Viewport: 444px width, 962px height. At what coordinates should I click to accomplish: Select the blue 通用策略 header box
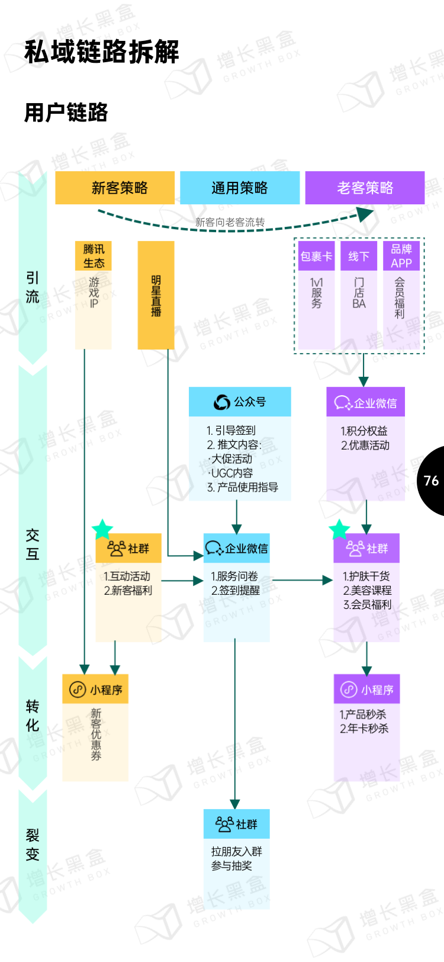pos(240,188)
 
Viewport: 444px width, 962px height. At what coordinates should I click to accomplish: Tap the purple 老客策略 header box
pos(365,188)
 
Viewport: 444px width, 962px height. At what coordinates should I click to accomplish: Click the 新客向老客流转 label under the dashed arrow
pos(230,222)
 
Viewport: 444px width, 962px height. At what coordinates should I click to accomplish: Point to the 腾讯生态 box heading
pos(94,256)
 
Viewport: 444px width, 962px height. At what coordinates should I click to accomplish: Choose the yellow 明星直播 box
pos(156,295)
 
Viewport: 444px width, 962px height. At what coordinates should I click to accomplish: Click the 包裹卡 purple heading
pos(316,256)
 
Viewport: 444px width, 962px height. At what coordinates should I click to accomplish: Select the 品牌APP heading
pos(401,256)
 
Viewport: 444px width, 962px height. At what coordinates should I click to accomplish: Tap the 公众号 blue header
pos(240,402)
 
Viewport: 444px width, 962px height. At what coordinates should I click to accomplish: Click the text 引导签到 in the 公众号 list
pos(235,431)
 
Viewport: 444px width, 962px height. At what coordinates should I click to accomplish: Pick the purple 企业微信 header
pos(366,403)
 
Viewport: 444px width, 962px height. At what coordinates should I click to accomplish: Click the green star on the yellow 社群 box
pos(102,530)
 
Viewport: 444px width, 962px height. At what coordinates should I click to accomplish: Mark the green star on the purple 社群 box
pos(340,529)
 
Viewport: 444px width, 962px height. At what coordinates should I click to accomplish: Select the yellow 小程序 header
pos(95,690)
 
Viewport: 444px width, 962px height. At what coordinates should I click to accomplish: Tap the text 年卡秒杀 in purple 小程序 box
pos(367,729)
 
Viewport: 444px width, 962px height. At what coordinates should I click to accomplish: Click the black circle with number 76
pos(432,480)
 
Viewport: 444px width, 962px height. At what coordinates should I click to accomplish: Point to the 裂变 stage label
pos(33,845)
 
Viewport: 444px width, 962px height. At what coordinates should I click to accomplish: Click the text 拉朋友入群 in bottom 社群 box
pos(237,852)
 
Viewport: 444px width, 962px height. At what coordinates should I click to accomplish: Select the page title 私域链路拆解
pos(102,52)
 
